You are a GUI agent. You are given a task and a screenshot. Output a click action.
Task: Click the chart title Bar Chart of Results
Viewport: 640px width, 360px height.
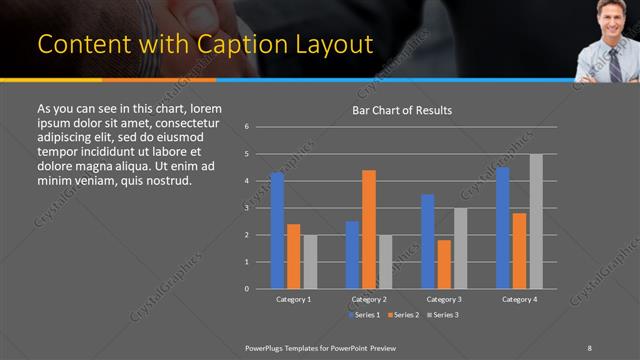pos(402,110)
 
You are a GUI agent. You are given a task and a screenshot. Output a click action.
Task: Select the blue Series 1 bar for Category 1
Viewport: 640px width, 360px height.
pos(277,230)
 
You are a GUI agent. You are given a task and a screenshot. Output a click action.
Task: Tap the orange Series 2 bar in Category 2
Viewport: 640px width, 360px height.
pos(369,229)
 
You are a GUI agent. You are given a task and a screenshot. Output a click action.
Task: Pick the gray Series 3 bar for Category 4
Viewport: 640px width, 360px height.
pos(536,221)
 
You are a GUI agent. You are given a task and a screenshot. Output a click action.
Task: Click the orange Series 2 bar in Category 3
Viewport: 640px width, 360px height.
pos(444,264)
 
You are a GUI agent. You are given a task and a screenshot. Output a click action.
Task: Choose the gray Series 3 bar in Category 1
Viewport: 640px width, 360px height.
pos(310,261)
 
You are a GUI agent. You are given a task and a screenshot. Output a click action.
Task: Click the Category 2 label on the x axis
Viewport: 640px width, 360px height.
pos(369,299)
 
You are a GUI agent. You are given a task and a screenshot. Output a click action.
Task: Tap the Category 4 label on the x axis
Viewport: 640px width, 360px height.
pos(519,299)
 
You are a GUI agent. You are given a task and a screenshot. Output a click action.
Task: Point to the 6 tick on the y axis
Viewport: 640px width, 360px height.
pos(247,127)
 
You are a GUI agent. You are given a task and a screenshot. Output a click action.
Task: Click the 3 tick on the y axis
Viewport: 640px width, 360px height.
pos(247,208)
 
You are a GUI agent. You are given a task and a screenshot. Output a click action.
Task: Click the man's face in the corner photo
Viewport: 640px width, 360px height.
pos(610,16)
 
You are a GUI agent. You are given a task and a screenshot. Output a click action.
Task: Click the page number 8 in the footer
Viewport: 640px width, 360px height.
pos(590,346)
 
